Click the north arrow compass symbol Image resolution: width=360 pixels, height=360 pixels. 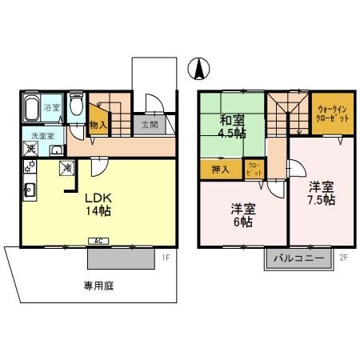[197, 70]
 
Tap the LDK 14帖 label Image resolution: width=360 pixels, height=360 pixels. [91, 203]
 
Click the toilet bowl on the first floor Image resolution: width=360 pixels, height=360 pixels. [77, 105]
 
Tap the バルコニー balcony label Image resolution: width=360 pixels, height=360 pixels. [298, 258]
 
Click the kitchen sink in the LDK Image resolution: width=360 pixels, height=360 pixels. [29, 190]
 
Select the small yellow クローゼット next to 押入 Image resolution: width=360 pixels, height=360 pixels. [254, 169]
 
